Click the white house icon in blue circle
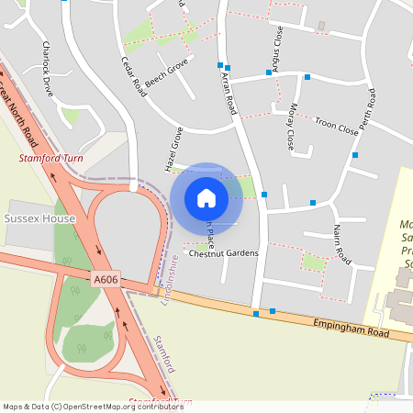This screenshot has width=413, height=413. (206, 197)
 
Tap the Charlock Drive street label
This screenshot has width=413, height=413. (48, 69)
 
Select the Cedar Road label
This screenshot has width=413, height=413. (134, 77)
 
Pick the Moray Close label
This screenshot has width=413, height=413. (290, 125)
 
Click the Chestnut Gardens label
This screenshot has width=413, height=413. (223, 253)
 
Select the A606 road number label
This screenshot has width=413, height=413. (106, 278)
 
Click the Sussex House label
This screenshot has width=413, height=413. (39, 219)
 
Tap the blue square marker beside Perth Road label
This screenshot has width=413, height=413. (354, 155)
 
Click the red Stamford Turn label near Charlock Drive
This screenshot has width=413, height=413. (51, 159)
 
